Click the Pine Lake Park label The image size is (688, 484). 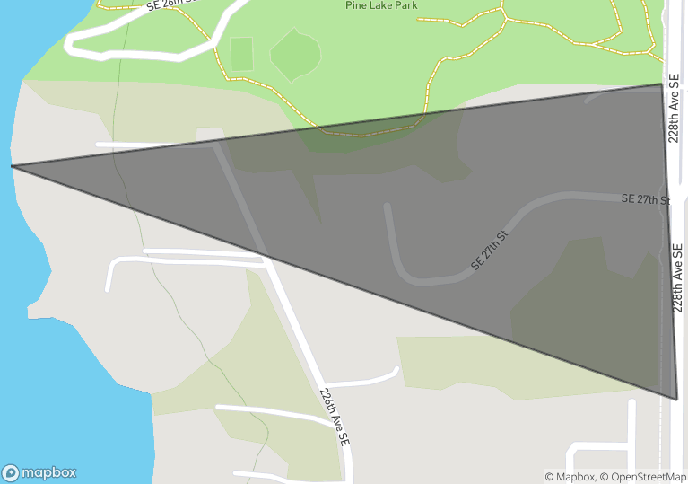381,5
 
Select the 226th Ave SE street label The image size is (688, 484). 334,418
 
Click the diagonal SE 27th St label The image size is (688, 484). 489,251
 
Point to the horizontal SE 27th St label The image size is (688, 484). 645,198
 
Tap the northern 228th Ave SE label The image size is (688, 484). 674,109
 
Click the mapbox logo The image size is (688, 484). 39,472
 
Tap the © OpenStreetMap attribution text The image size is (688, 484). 643,477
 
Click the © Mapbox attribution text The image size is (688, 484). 570,477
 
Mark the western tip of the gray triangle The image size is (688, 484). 13,166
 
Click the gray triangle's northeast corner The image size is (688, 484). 664,85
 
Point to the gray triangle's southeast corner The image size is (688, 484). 675,398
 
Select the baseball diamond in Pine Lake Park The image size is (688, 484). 296,53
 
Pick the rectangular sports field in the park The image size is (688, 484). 241,54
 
